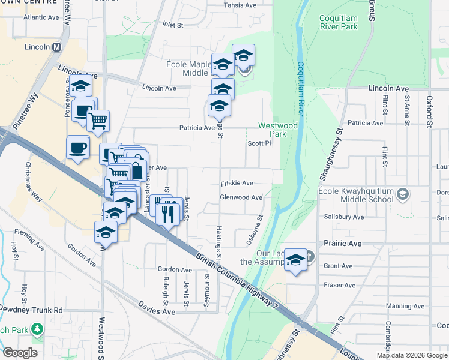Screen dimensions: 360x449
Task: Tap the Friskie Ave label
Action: pyautogui.click(x=237, y=183)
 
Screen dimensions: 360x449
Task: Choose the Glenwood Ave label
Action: pyautogui.click(x=241, y=197)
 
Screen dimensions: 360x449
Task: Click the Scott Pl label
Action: pyautogui.click(x=259, y=143)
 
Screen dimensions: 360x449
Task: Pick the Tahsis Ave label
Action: pyautogui.click(x=240, y=5)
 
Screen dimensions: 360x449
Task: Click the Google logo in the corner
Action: pyautogui.click(x=20, y=353)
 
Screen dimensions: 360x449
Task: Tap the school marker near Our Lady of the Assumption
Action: pyautogui.click(x=295, y=260)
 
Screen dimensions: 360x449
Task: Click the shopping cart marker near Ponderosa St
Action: pyautogui.click(x=98, y=120)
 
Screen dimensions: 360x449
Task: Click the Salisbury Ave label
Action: pyautogui.click(x=343, y=217)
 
